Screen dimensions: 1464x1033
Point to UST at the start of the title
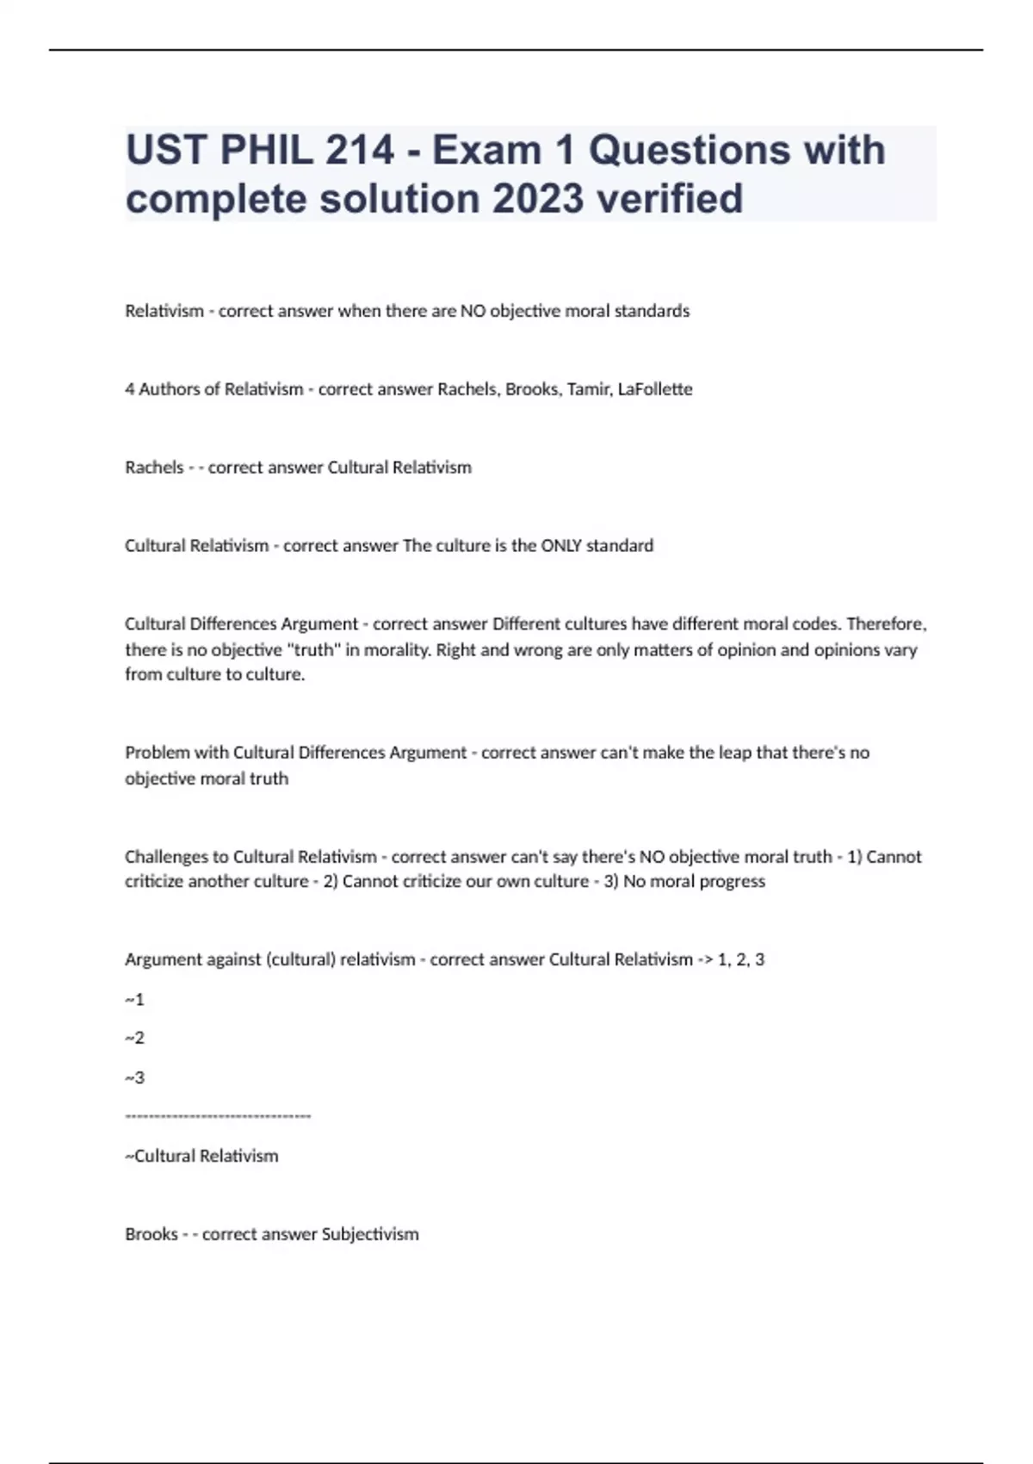coord(166,150)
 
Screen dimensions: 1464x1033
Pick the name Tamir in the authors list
coord(589,389)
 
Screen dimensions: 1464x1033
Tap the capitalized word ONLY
coord(560,546)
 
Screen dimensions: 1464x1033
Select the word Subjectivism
coord(370,1234)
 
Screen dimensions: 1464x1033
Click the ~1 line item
coord(134,999)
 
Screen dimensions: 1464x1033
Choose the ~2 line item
coord(134,1038)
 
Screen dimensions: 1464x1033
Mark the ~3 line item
coord(134,1077)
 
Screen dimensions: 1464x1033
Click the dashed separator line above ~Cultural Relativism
coord(218,1117)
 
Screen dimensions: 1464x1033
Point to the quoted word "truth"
coord(312,649)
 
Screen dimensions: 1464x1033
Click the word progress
coord(733,881)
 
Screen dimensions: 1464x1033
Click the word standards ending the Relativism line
coord(653,311)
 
